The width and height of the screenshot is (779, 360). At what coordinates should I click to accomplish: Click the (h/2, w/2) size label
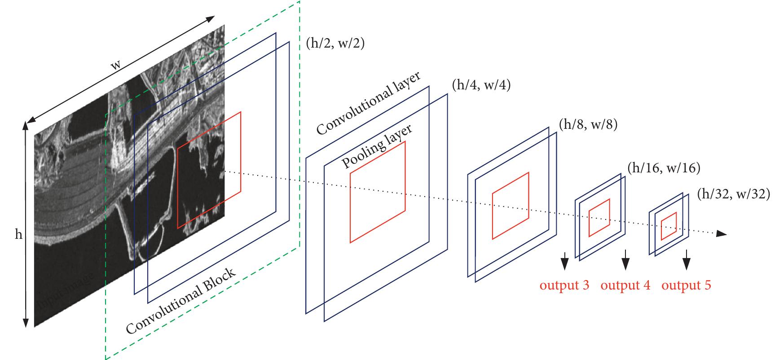click(334, 44)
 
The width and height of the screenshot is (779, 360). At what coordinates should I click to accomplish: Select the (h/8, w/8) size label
click(588, 124)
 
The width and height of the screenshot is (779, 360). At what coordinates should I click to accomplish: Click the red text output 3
click(564, 285)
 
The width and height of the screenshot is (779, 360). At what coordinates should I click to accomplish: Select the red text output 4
click(625, 285)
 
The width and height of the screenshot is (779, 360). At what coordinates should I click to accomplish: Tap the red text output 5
click(686, 285)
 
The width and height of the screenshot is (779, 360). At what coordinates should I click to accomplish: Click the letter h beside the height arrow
click(18, 235)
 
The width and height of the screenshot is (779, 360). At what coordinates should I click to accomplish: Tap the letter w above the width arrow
click(116, 66)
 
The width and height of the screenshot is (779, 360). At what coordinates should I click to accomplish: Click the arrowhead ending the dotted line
click(721, 233)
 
